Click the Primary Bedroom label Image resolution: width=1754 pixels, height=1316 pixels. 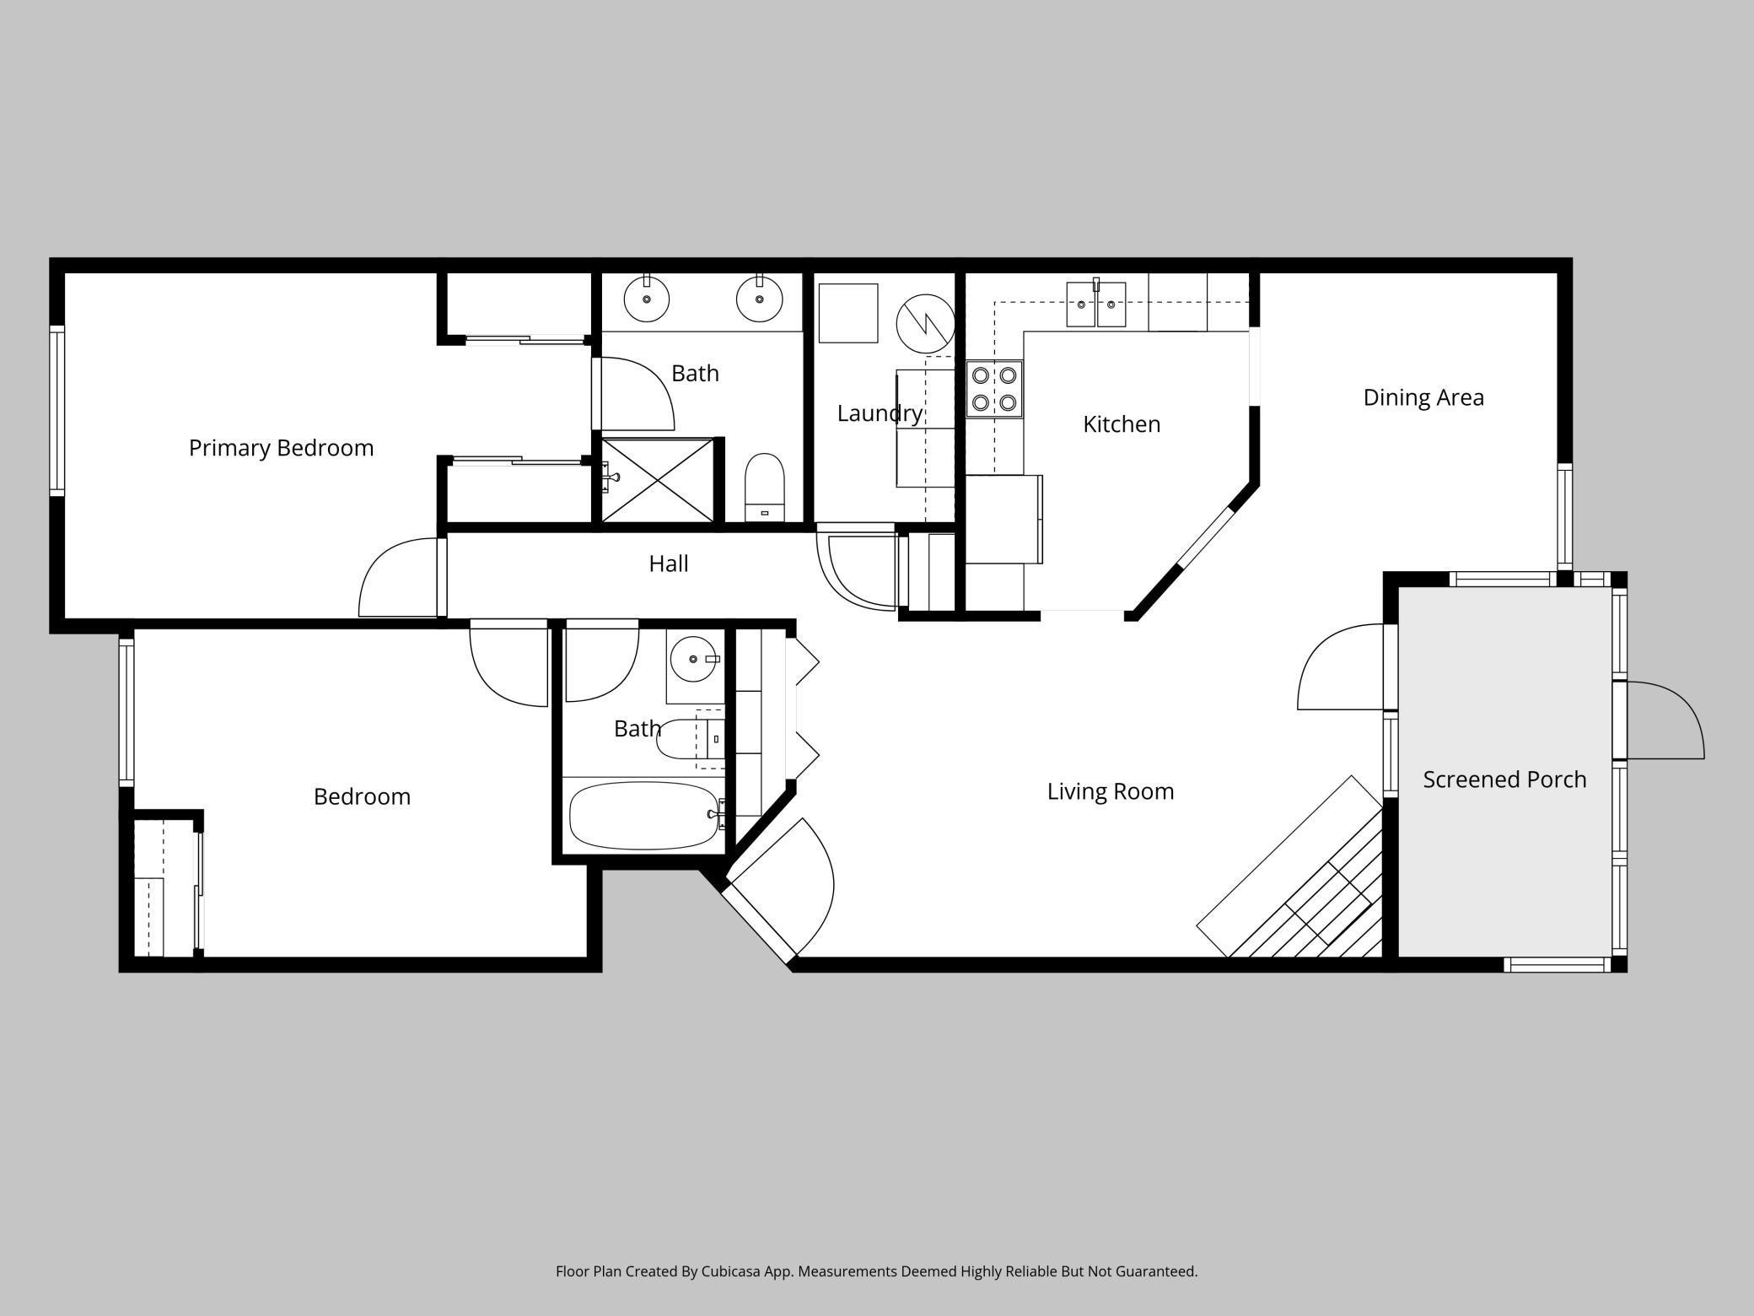[281, 448]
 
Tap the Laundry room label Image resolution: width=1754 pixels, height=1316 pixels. [880, 413]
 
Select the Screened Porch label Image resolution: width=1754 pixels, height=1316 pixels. [1504, 779]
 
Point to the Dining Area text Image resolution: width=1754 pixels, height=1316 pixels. [1423, 397]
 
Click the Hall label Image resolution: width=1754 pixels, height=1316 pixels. [669, 564]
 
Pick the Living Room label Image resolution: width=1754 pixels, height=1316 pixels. [1111, 791]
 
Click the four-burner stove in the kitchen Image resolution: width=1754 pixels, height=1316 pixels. [994, 389]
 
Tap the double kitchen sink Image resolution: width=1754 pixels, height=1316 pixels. [1096, 304]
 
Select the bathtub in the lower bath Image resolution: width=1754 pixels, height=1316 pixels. [644, 816]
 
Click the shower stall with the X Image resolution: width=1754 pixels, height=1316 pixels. [658, 480]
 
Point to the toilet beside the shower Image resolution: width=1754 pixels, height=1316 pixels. [765, 488]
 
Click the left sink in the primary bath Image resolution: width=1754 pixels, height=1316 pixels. [647, 298]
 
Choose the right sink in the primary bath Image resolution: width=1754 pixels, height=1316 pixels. [759, 298]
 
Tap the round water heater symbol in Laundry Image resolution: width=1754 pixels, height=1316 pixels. [925, 324]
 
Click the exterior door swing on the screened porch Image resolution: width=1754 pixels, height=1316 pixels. [1665, 720]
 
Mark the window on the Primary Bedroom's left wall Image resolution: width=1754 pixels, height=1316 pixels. [57, 411]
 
